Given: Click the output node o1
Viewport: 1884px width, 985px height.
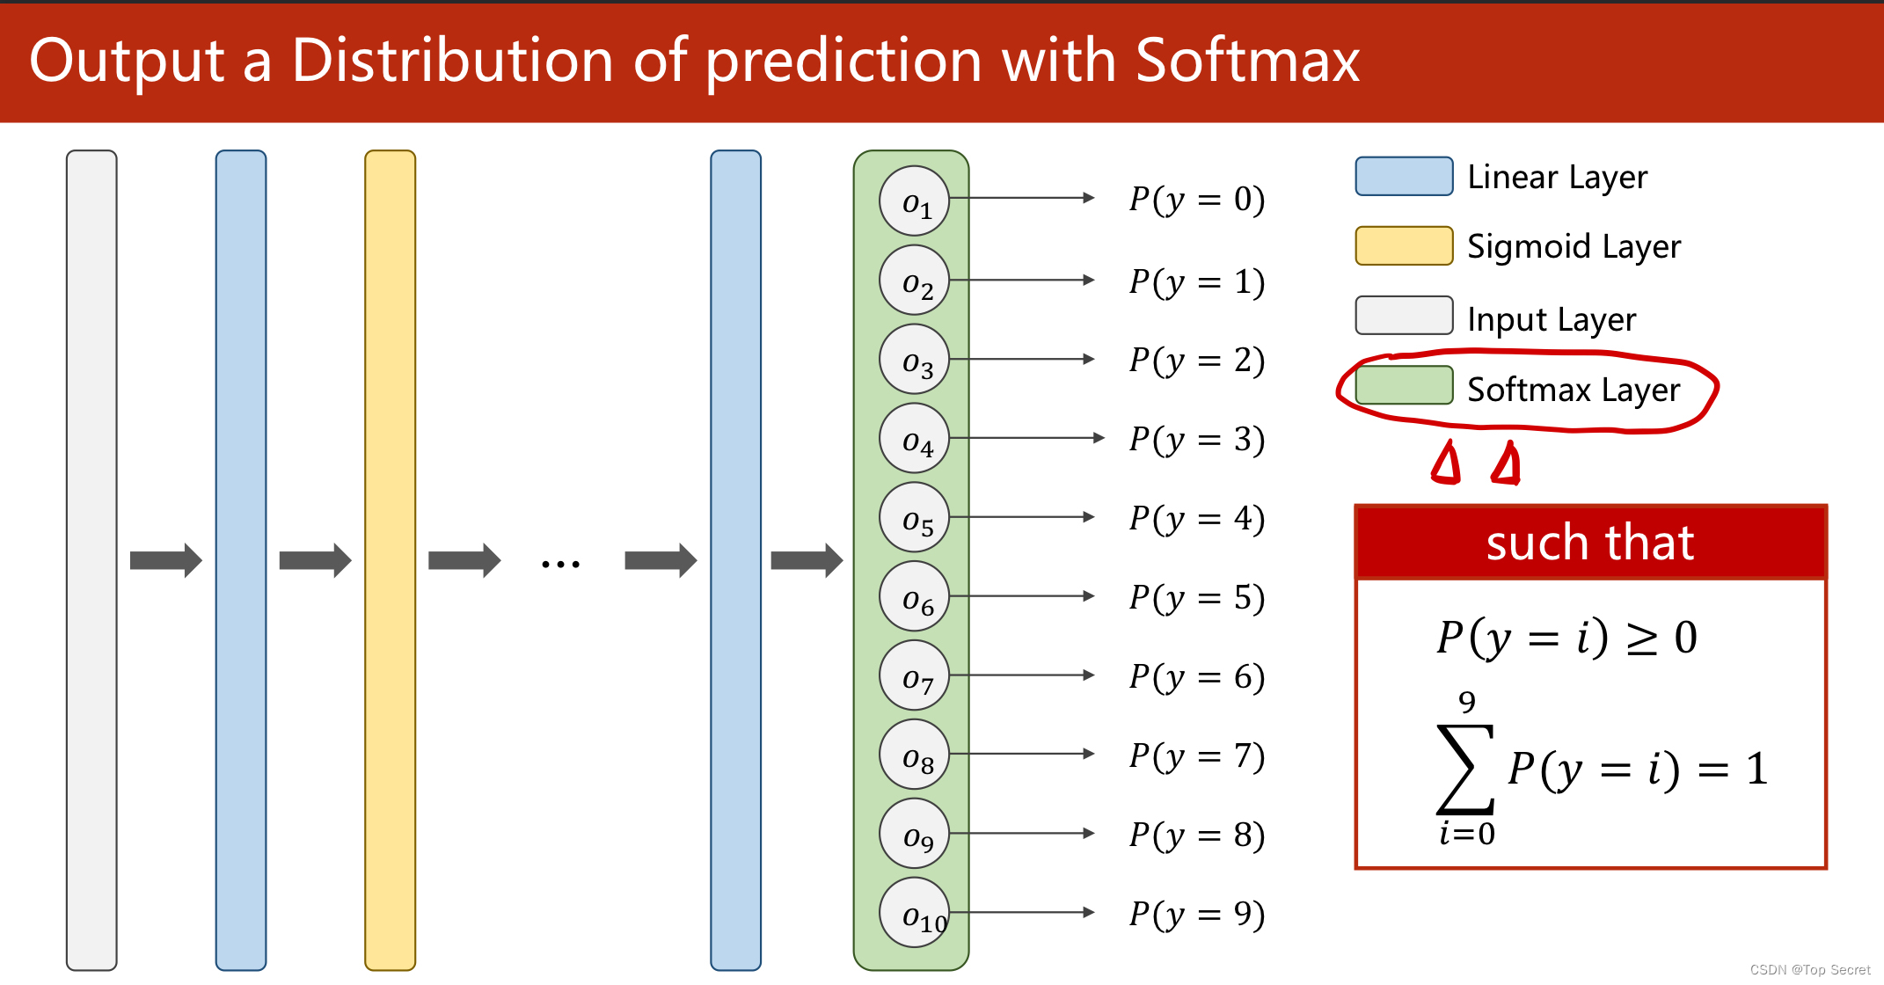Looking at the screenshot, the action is coord(914,201).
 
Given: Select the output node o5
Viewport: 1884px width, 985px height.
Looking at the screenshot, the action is coord(914,517).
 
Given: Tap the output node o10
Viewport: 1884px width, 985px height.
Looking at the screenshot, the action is coord(914,912).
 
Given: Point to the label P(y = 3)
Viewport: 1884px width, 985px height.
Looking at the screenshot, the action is coord(1197,439).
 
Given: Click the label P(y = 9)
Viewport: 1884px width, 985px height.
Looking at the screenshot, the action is coord(1197,914).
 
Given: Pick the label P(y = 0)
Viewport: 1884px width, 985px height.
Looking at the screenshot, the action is coord(1197,200).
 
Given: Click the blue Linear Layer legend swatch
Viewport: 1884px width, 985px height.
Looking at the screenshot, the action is coord(1404,176).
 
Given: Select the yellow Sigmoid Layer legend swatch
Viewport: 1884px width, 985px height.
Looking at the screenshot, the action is coord(1404,245).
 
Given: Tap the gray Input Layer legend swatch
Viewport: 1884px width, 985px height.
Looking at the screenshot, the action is coord(1404,315).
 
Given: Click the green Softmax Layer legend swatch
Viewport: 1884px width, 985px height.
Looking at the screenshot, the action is coord(1404,385).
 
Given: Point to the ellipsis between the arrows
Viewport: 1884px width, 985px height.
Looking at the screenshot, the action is coord(560,564).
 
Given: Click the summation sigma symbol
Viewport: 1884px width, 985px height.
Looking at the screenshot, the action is coord(1465,769).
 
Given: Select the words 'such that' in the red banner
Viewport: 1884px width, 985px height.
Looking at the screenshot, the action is coord(1590,543).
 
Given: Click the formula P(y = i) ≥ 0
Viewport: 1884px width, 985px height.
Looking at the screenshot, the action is coord(1566,637).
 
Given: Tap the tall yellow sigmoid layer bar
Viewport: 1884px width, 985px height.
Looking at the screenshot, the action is coord(390,560).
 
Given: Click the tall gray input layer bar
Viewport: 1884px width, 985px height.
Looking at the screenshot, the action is coord(91,560).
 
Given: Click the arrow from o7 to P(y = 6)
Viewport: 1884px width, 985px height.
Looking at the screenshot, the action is coord(1022,675).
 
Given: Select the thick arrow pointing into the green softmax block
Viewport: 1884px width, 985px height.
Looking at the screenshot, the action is coord(807,560).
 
